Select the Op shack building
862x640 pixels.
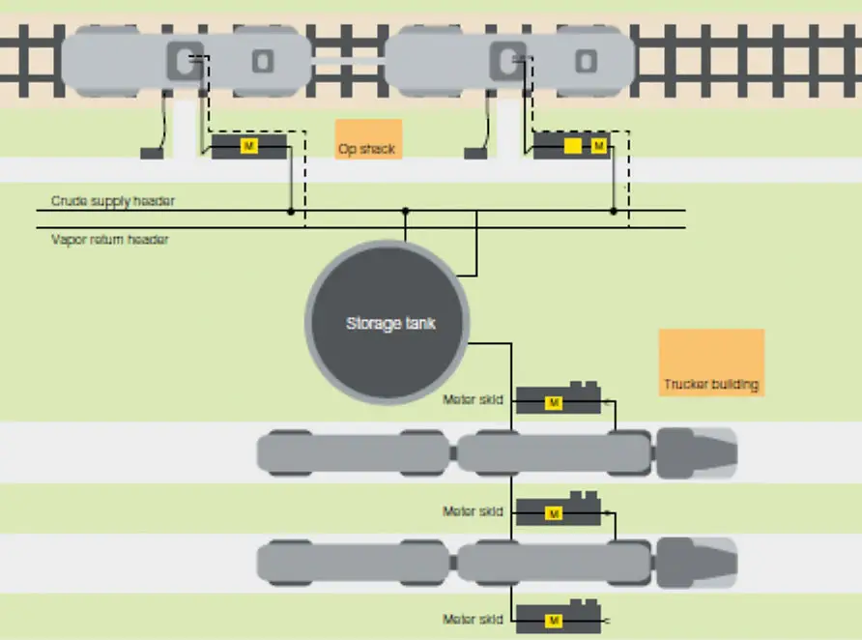click(368, 138)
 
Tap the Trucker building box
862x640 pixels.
click(711, 363)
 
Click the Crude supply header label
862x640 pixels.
click(113, 201)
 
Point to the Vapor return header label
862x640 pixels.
click(109, 239)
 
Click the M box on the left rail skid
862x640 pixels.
click(249, 146)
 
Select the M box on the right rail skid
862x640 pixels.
click(599, 146)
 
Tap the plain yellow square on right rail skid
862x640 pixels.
click(573, 146)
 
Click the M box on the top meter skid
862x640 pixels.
click(553, 402)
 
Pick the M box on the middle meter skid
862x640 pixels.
click(554, 513)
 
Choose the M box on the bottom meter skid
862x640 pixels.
click(554, 619)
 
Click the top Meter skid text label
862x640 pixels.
click(473, 399)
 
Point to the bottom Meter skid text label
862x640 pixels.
click(473, 619)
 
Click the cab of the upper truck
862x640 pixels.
click(697, 451)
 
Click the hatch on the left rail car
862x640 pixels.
click(184, 60)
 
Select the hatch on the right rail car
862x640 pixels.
click(507, 60)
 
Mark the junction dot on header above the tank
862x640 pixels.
click(405, 210)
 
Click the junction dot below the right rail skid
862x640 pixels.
click(613, 210)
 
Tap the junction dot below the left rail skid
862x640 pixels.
click(290, 210)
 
